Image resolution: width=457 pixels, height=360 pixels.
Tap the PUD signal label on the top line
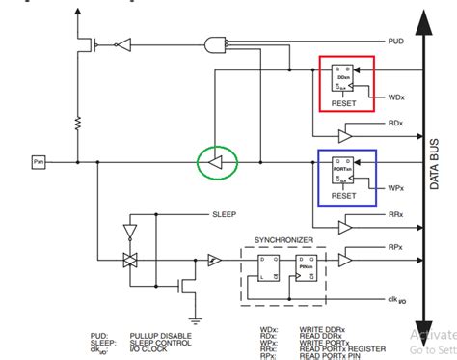[394, 42]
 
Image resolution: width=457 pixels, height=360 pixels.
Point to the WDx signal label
[396, 97]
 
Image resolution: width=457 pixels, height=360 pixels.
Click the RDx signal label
[394, 125]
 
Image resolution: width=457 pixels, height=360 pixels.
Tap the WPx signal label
[395, 187]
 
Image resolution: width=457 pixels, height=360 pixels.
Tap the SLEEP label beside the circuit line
[224, 214]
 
